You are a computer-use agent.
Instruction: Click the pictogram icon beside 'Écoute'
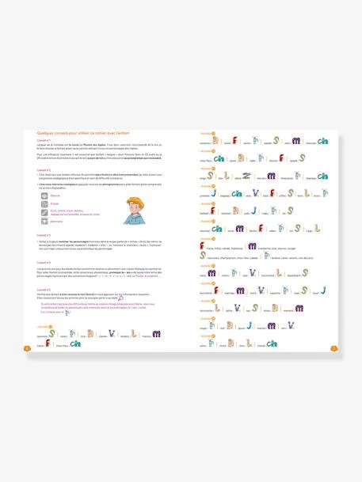(x=44, y=203)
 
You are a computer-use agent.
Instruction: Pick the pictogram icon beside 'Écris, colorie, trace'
(x=44, y=212)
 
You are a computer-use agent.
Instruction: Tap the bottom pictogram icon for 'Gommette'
(x=44, y=222)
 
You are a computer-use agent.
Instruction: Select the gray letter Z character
(x=246, y=176)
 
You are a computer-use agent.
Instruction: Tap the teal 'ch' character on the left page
(x=76, y=343)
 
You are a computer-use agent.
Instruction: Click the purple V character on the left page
(x=113, y=333)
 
